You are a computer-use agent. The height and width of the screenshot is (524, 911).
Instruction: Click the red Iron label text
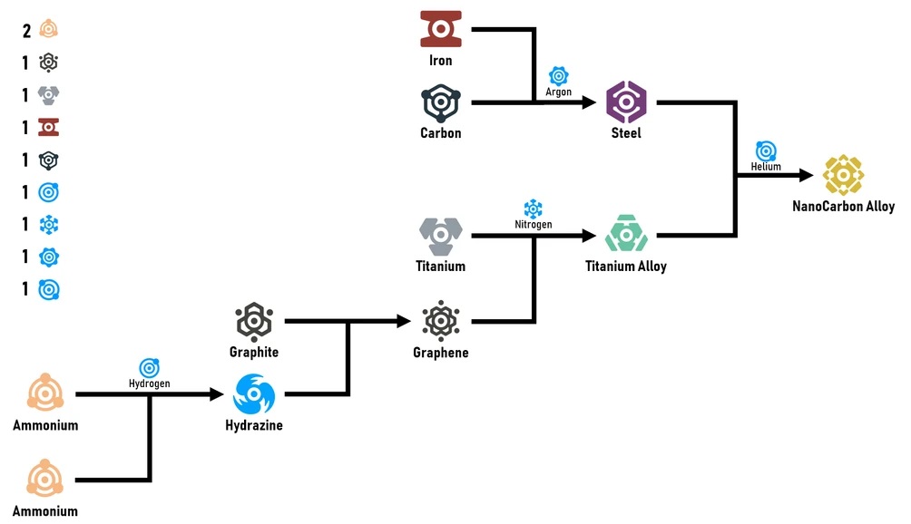pos(441,62)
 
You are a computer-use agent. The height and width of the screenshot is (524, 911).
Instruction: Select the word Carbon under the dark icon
pos(441,133)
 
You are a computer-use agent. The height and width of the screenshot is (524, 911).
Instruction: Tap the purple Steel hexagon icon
pos(626,102)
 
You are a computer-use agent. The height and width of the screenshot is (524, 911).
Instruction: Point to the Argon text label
pos(558,92)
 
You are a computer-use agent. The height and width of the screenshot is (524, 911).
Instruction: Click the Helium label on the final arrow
pos(766,167)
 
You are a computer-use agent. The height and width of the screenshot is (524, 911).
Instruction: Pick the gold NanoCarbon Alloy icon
pos(843,174)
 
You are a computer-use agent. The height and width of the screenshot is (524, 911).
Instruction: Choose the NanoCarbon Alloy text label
pos(843,207)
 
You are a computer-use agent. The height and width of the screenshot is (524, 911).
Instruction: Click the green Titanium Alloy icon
pos(626,234)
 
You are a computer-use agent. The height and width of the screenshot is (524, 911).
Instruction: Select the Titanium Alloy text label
pos(626,267)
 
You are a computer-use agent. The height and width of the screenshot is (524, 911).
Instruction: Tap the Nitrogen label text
pos(533,224)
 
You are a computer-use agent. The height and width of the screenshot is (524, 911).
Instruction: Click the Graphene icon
pos(441,320)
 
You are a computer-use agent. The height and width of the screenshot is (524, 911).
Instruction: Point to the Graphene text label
pos(441,353)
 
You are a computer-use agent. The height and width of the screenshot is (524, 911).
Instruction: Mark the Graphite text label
pos(254,352)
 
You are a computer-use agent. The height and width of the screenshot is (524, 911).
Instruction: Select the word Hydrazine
pos(254,425)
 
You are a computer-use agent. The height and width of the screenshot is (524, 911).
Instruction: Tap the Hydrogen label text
pos(149,383)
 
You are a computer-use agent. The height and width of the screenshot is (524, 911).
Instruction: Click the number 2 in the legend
pos(27,31)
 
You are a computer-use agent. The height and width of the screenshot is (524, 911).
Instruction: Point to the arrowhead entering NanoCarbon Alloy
pos(806,175)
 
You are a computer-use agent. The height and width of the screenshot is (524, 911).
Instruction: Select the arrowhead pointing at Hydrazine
pos(217,394)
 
